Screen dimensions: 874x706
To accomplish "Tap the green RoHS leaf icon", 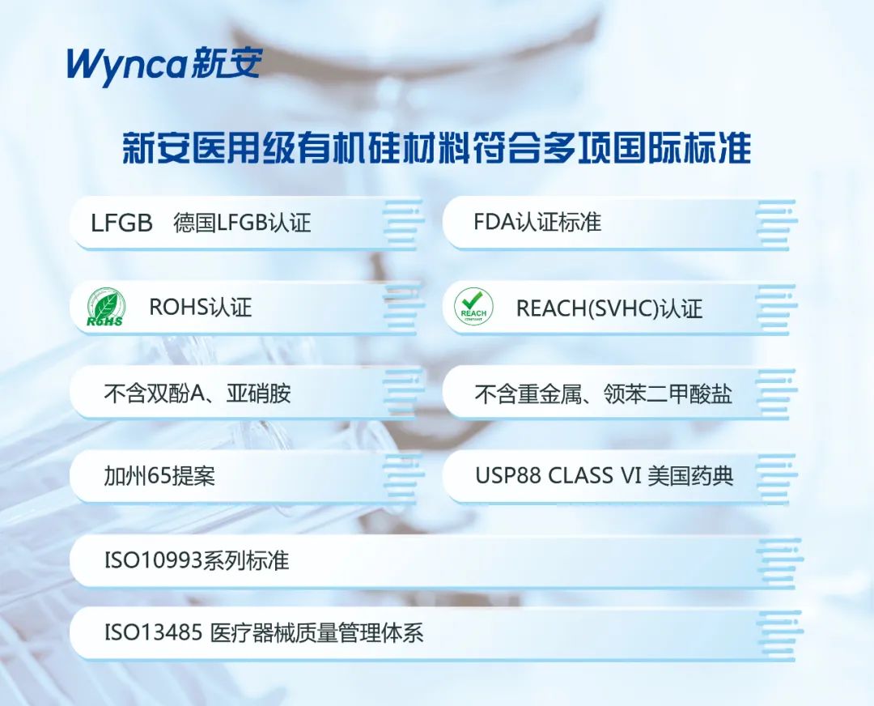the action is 104,308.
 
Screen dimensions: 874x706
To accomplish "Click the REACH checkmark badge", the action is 473,308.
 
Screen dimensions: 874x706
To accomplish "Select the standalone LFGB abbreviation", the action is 121,223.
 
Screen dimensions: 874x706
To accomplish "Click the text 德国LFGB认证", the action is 242,223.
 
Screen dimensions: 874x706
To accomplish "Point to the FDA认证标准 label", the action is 537,222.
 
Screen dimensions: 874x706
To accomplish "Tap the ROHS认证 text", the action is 201,308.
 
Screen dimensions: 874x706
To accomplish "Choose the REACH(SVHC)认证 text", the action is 609,308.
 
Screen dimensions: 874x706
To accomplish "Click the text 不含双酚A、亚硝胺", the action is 197,393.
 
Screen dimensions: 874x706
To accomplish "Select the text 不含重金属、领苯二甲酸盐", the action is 603,393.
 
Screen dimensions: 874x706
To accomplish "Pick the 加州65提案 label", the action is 159,476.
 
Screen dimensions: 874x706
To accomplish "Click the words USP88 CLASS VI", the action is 558,476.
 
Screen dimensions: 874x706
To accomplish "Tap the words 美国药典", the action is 690,476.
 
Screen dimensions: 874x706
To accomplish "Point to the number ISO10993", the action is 153,560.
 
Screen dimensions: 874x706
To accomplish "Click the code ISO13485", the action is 153,633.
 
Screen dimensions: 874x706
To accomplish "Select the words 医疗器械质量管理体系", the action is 316,633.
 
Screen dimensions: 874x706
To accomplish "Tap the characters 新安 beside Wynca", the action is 226,64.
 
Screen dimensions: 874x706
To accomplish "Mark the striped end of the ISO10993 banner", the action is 779,560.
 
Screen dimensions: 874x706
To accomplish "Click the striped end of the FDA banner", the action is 776,223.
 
